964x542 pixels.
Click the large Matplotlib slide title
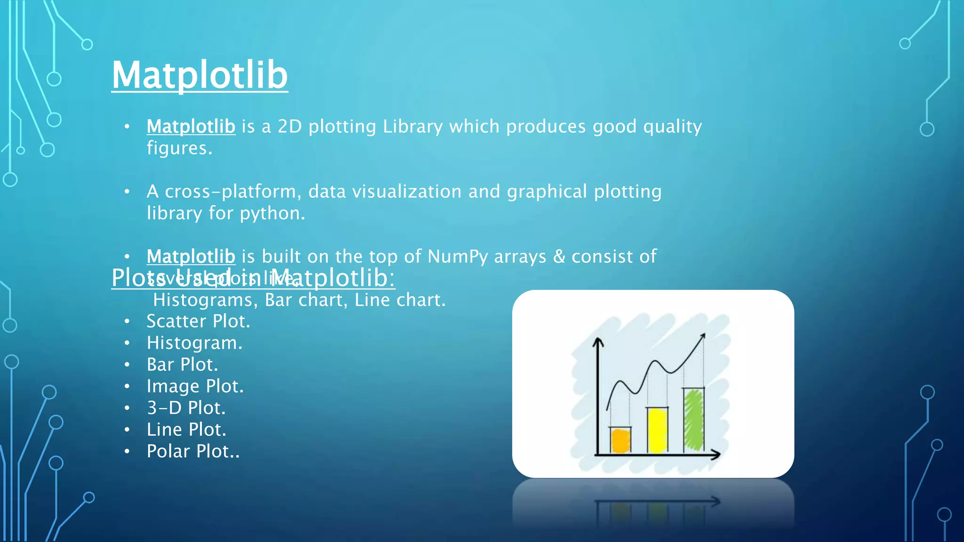tap(200, 75)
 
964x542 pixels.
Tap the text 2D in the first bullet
tap(289, 127)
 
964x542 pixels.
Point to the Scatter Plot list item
tap(198, 321)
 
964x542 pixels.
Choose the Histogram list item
tap(194, 343)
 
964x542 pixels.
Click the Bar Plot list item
tap(182, 365)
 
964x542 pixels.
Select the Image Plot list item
tap(195, 386)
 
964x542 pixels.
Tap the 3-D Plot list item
tap(186, 408)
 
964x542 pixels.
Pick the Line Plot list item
tap(186, 430)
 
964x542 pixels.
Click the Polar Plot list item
tap(193, 451)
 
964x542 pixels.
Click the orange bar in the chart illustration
tap(620, 440)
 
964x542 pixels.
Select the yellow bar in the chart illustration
tap(658, 430)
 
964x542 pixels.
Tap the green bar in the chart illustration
tap(694, 420)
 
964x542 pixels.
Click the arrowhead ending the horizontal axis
tap(716, 454)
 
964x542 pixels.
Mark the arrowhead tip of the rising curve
tap(703, 335)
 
